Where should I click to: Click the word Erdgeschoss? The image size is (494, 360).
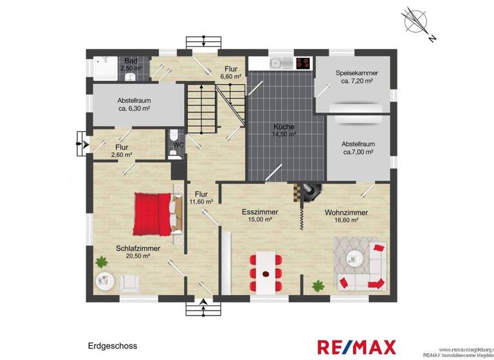point(113,346)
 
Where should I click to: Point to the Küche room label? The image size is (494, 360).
point(283,127)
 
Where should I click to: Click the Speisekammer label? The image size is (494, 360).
point(356,73)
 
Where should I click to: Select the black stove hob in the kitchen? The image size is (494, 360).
point(302,63)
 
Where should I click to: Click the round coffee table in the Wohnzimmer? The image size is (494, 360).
point(354,258)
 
